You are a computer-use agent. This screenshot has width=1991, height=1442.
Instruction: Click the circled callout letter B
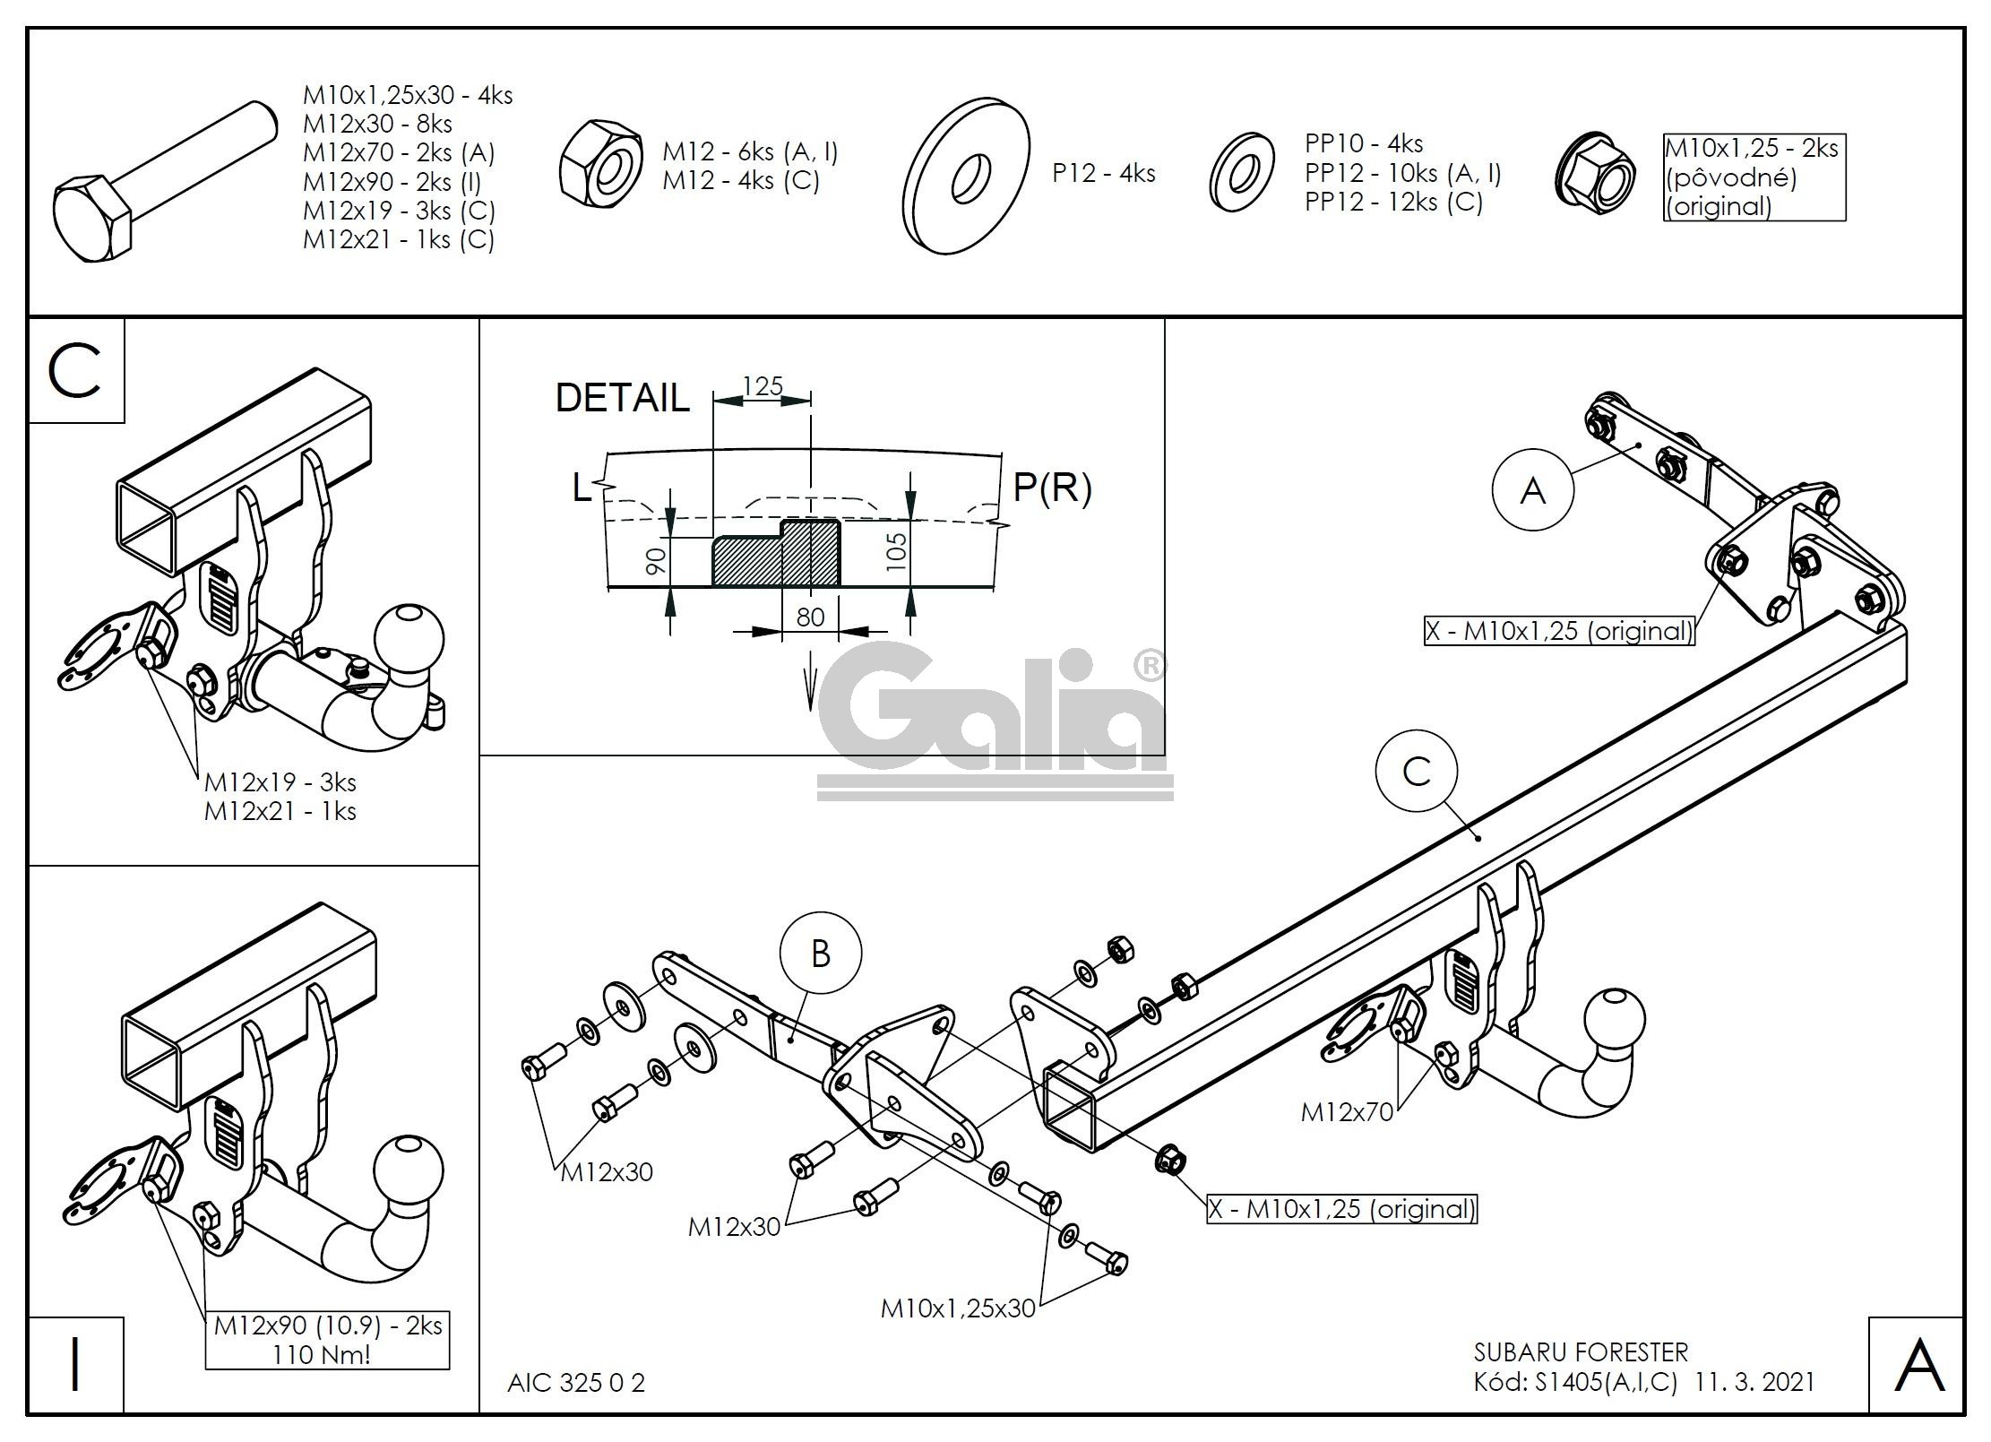[x=820, y=954]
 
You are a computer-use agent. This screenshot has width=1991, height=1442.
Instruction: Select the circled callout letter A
[x=1532, y=490]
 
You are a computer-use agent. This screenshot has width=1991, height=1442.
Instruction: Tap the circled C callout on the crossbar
[x=1417, y=771]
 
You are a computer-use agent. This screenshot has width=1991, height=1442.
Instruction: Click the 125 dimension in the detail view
[x=763, y=386]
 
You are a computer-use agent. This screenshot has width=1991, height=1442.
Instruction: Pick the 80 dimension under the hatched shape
[x=810, y=617]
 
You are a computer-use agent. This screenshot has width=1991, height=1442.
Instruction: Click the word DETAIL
[x=623, y=398]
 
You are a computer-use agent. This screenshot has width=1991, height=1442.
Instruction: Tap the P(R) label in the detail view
[x=1052, y=487]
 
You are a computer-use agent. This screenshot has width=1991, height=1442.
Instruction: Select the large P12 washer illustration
[x=966, y=176]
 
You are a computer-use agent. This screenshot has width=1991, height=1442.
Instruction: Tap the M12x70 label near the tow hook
[x=1347, y=1112]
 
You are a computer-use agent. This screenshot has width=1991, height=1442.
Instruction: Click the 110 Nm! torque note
[x=322, y=1353]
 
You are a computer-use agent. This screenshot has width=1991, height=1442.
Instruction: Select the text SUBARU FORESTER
[x=1581, y=1351]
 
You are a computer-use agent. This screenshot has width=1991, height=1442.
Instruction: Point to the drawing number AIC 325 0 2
[x=575, y=1383]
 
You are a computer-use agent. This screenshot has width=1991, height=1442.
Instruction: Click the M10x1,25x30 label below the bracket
[x=958, y=1308]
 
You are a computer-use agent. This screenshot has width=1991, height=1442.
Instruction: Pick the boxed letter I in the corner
[x=76, y=1365]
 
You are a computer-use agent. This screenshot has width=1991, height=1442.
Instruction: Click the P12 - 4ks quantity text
[x=1103, y=173]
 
